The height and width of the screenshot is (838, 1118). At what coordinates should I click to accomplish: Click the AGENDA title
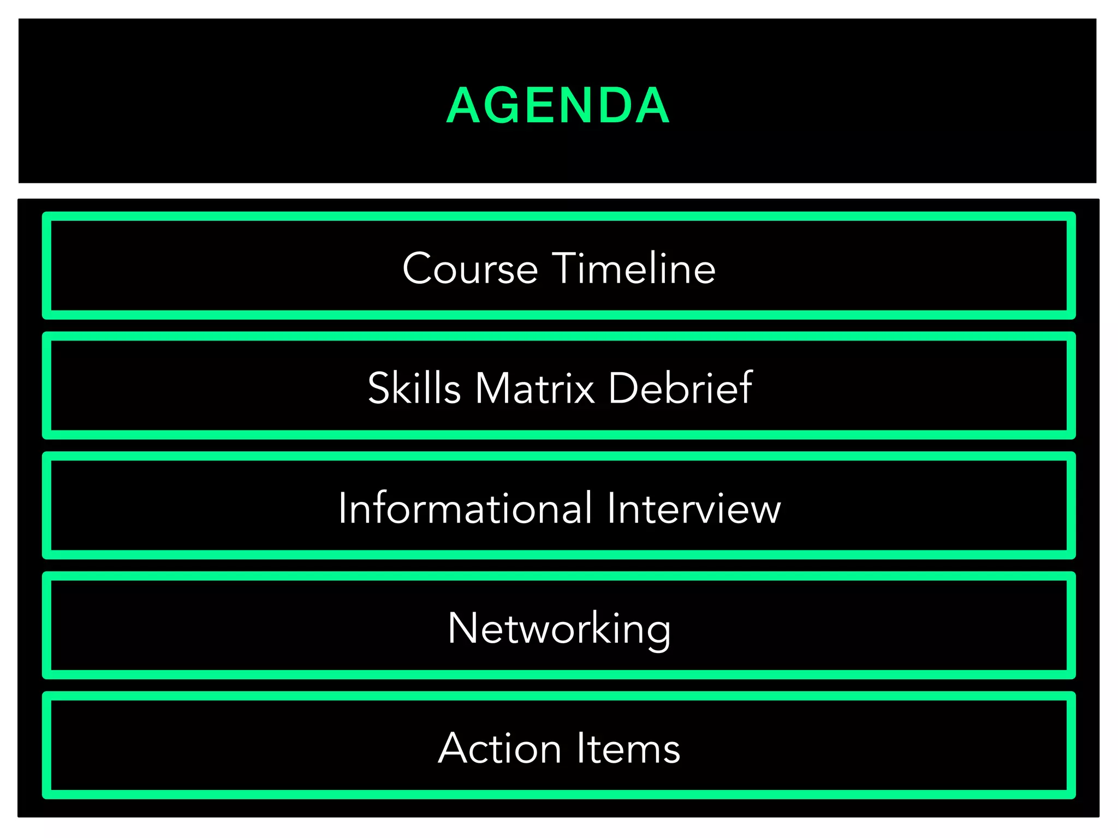coord(558,105)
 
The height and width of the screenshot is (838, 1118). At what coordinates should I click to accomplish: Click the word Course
coord(470,268)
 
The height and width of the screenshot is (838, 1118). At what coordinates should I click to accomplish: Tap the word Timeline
coord(634,268)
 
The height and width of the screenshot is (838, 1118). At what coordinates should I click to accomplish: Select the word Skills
coord(414,388)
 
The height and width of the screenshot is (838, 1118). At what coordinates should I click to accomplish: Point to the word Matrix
coord(535,388)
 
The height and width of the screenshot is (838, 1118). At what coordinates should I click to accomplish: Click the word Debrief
coord(680,388)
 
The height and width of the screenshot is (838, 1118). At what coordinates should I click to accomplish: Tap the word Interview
coord(694,508)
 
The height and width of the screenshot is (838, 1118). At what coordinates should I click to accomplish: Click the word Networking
coord(559,628)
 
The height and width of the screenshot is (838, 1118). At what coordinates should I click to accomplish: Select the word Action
coord(499,748)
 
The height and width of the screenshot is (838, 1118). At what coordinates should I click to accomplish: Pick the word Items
coord(628,748)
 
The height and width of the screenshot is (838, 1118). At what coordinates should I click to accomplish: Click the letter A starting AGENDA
coord(463,105)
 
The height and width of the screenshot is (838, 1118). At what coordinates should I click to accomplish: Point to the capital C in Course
coord(418,268)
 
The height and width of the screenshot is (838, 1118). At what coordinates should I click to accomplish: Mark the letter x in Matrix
coord(584,392)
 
